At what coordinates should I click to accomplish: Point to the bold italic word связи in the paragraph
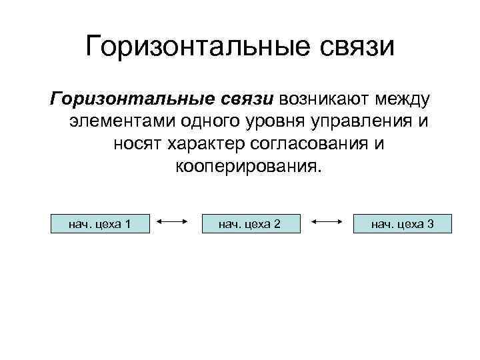(246, 99)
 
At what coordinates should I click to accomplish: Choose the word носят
(140, 144)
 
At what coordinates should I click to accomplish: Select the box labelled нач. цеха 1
(99, 223)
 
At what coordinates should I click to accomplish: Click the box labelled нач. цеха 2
(250, 223)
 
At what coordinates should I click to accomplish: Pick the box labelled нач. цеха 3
(402, 223)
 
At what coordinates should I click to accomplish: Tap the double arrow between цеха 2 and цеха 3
(327, 223)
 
